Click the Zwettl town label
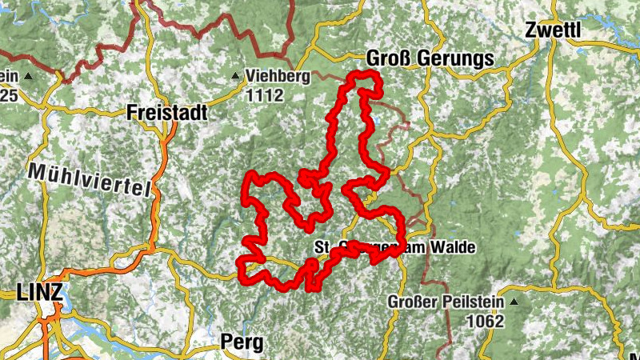(x=553, y=30)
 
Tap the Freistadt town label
(x=166, y=114)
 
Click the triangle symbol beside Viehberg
(x=235, y=77)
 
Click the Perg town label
(x=241, y=342)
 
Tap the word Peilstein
(x=473, y=302)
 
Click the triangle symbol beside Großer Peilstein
(x=514, y=302)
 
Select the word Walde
(x=453, y=248)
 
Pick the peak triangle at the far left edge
(x=29, y=77)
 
